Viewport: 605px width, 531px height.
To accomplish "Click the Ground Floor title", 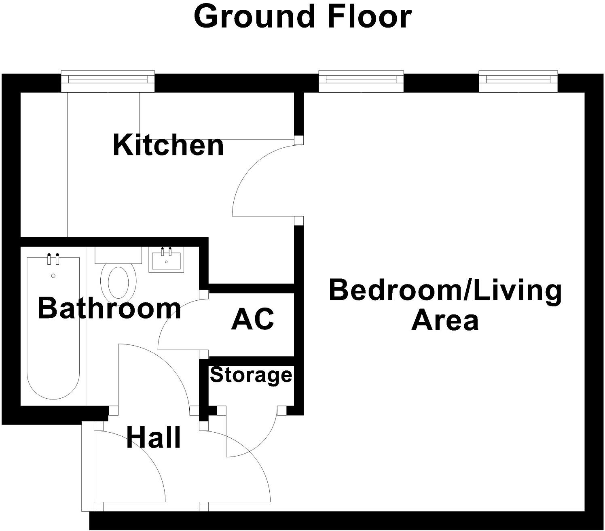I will tap(302, 17).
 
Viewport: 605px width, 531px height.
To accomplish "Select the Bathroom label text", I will tap(109, 308).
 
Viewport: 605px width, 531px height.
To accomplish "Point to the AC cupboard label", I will tap(253, 319).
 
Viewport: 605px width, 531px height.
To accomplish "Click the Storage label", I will tap(251, 375).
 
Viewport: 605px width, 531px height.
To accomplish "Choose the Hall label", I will tap(153, 438).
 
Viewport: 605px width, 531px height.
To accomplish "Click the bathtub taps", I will tap(53, 259).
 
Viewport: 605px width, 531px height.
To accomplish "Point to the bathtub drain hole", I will tap(53, 276).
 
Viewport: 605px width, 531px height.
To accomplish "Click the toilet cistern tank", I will tap(118, 255).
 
